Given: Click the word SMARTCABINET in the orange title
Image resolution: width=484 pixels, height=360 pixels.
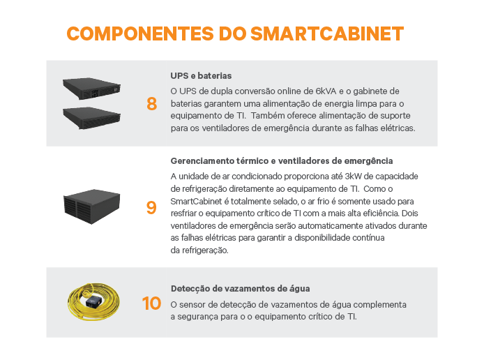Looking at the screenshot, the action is click(x=327, y=33).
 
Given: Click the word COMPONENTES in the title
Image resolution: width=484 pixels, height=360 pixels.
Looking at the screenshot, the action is click(x=140, y=33).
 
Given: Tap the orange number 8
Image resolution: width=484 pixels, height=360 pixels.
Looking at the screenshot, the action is click(x=151, y=104).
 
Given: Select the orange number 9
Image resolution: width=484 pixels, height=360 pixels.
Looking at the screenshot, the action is click(x=151, y=207).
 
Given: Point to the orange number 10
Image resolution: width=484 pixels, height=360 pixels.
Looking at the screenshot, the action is click(x=151, y=303).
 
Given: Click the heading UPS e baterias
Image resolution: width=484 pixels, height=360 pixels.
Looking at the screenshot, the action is click(x=201, y=76).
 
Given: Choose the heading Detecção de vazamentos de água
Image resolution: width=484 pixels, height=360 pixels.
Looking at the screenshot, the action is click(x=240, y=289).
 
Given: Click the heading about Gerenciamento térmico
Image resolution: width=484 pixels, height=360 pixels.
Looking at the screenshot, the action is click(x=282, y=161).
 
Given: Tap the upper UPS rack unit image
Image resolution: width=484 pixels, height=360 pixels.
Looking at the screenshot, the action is click(x=91, y=89).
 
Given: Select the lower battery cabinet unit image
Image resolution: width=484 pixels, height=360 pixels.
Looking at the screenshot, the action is click(x=91, y=118).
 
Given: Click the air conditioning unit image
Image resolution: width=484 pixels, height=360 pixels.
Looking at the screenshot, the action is click(x=91, y=207).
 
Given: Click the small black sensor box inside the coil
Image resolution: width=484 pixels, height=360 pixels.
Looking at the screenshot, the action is click(x=93, y=301).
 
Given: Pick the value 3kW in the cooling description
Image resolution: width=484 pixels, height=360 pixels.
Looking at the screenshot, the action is click(x=353, y=177).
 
